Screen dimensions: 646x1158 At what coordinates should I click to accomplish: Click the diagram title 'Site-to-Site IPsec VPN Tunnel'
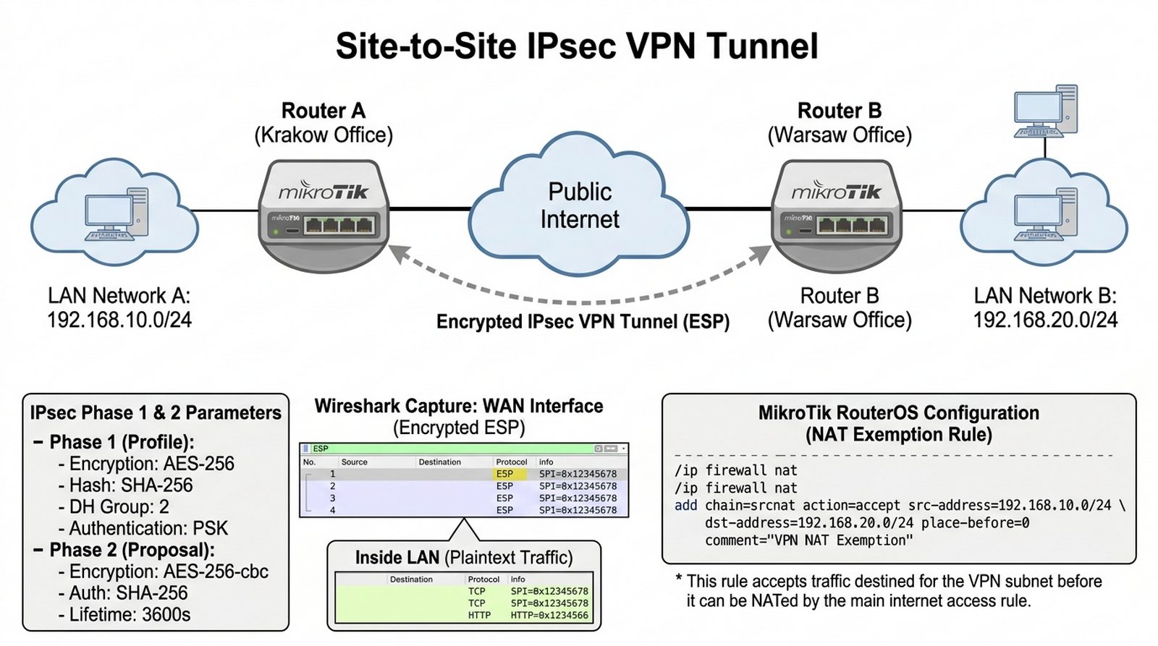tap(577, 46)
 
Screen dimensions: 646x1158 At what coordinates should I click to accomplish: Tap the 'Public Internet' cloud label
tap(580, 205)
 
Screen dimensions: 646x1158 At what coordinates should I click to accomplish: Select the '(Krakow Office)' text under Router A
tap(324, 135)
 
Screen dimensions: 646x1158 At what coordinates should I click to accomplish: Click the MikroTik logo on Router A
tap(324, 192)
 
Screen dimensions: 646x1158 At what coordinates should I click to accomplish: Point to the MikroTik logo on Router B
tap(837, 192)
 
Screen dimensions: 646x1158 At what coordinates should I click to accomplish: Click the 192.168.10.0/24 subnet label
tap(119, 320)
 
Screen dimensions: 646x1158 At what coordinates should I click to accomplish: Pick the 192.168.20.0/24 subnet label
tap(1045, 320)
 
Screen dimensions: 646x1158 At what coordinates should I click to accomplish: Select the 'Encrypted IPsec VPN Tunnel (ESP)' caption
tap(583, 322)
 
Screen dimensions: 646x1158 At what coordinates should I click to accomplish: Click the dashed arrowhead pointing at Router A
tap(399, 252)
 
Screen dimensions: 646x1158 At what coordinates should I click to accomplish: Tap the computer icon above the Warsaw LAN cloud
tap(1045, 110)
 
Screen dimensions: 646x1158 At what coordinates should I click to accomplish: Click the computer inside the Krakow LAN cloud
tap(116, 214)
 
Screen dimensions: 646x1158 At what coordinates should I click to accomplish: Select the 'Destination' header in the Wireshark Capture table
tap(439, 462)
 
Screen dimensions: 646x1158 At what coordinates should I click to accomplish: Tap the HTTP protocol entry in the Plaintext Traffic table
tap(479, 615)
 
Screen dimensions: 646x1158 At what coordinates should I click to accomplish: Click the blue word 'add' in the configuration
tap(685, 505)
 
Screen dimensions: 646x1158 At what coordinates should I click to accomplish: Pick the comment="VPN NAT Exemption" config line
tap(808, 540)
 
